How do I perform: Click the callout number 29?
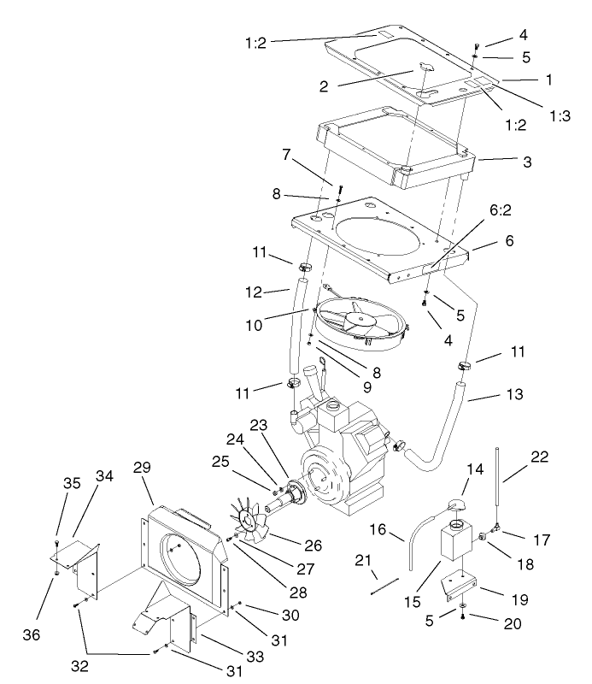[143, 467]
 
